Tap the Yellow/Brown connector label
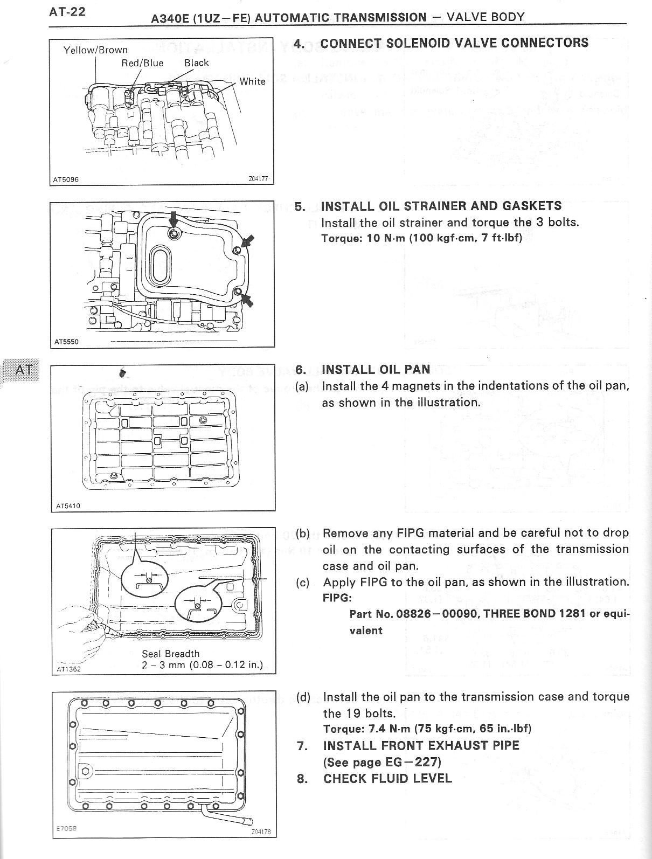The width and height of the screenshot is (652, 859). [95, 50]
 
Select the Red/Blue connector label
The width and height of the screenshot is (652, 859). [142, 63]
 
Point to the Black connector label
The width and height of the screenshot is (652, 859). [196, 63]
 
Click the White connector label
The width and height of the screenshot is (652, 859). [252, 81]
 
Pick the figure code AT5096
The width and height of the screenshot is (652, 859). [66, 179]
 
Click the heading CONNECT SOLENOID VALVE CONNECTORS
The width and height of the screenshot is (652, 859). [454, 43]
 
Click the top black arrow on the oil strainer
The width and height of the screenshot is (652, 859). [173, 220]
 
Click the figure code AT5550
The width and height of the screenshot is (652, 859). [66, 342]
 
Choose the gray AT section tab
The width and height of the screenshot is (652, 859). [23, 370]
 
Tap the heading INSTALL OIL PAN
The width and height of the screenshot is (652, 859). [376, 370]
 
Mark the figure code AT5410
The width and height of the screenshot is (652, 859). [68, 506]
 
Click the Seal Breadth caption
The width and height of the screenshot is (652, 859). [171, 654]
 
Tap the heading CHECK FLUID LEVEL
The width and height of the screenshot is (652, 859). [387, 779]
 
